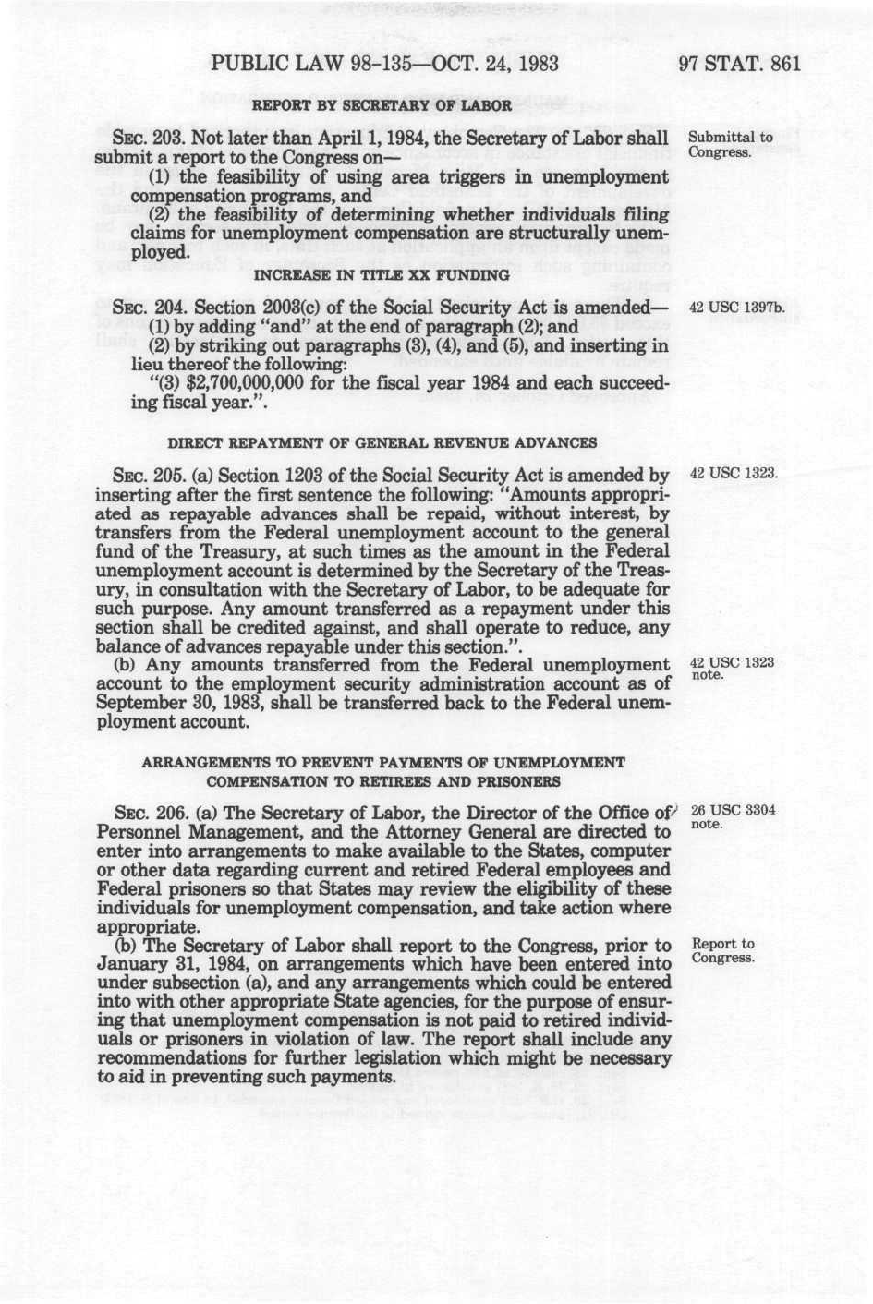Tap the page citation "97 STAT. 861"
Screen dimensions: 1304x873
pyautogui.click(x=738, y=65)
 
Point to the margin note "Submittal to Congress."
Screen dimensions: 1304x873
pyautogui.click(x=731, y=144)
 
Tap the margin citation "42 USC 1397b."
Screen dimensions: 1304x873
pyautogui.click(x=737, y=307)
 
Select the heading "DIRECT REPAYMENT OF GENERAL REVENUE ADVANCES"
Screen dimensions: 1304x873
pyautogui.click(x=382, y=443)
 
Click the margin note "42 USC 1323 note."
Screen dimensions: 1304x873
pyautogui.click(x=732, y=669)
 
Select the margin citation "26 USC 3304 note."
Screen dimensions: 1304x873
pyautogui.click(x=732, y=816)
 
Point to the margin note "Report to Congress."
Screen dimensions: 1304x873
pyautogui.click(x=723, y=950)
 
